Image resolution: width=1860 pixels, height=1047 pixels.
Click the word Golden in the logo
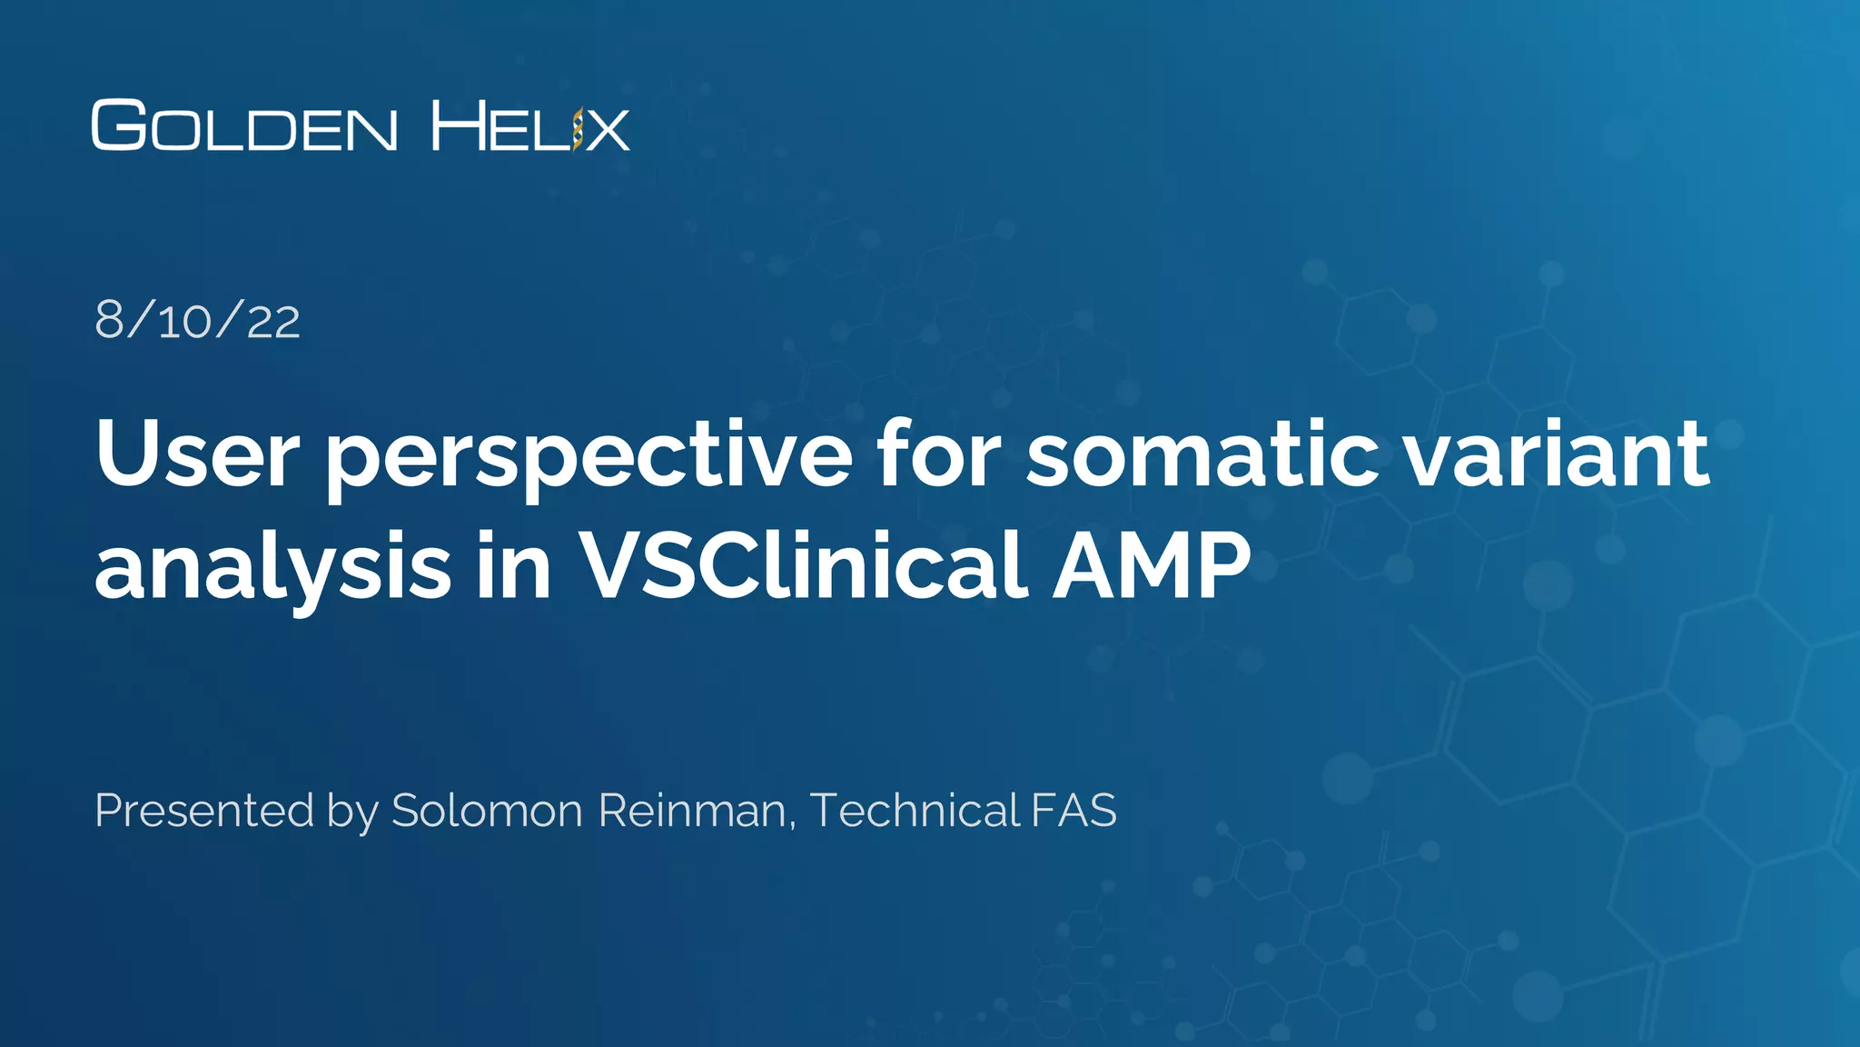[244, 125]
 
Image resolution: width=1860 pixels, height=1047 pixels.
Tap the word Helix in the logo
[530, 125]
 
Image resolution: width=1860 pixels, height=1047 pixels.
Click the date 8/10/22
[197, 321]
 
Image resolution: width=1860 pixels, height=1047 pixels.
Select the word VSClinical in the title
[803, 564]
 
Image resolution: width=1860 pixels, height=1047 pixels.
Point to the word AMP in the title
[1152, 564]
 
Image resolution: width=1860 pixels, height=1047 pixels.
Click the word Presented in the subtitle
[204, 810]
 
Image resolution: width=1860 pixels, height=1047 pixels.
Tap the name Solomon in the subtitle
[487, 810]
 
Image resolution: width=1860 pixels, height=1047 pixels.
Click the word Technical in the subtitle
[915, 810]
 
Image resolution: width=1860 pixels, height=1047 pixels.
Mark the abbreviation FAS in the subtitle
[1073, 810]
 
